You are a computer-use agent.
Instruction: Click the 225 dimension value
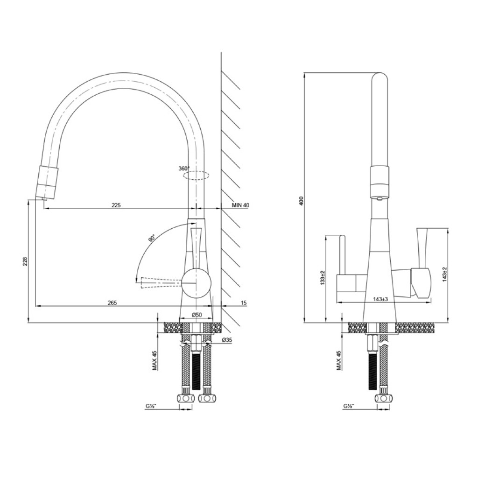(116, 205)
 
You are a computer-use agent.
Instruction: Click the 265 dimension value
(112, 302)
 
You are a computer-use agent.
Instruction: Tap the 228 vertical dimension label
(25, 261)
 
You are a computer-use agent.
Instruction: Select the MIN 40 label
(240, 205)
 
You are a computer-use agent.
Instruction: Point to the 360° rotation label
(184, 168)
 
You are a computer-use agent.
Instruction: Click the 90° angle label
(152, 238)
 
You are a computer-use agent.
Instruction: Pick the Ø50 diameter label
(197, 315)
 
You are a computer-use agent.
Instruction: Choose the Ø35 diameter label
(227, 340)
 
